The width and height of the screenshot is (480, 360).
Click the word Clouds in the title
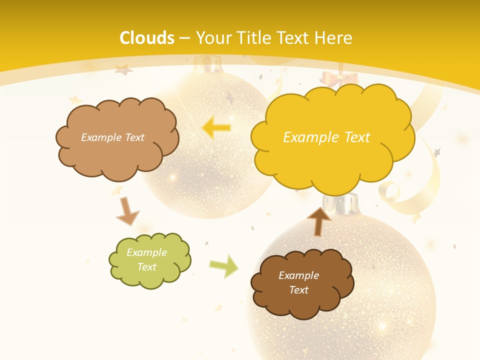tap(147, 38)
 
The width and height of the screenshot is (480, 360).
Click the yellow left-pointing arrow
tap(217, 128)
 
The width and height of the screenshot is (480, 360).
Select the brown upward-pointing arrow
tap(319, 220)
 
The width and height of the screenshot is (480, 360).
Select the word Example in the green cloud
tap(146, 252)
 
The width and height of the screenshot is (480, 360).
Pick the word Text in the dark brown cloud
tap(298, 290)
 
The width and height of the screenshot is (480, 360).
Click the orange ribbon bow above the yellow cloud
tap(340, 78)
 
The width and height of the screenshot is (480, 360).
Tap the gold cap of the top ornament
tap(208, 64)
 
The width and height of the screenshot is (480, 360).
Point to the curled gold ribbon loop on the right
tap(390, 191)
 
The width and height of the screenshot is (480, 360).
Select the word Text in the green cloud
tap(146, 267)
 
